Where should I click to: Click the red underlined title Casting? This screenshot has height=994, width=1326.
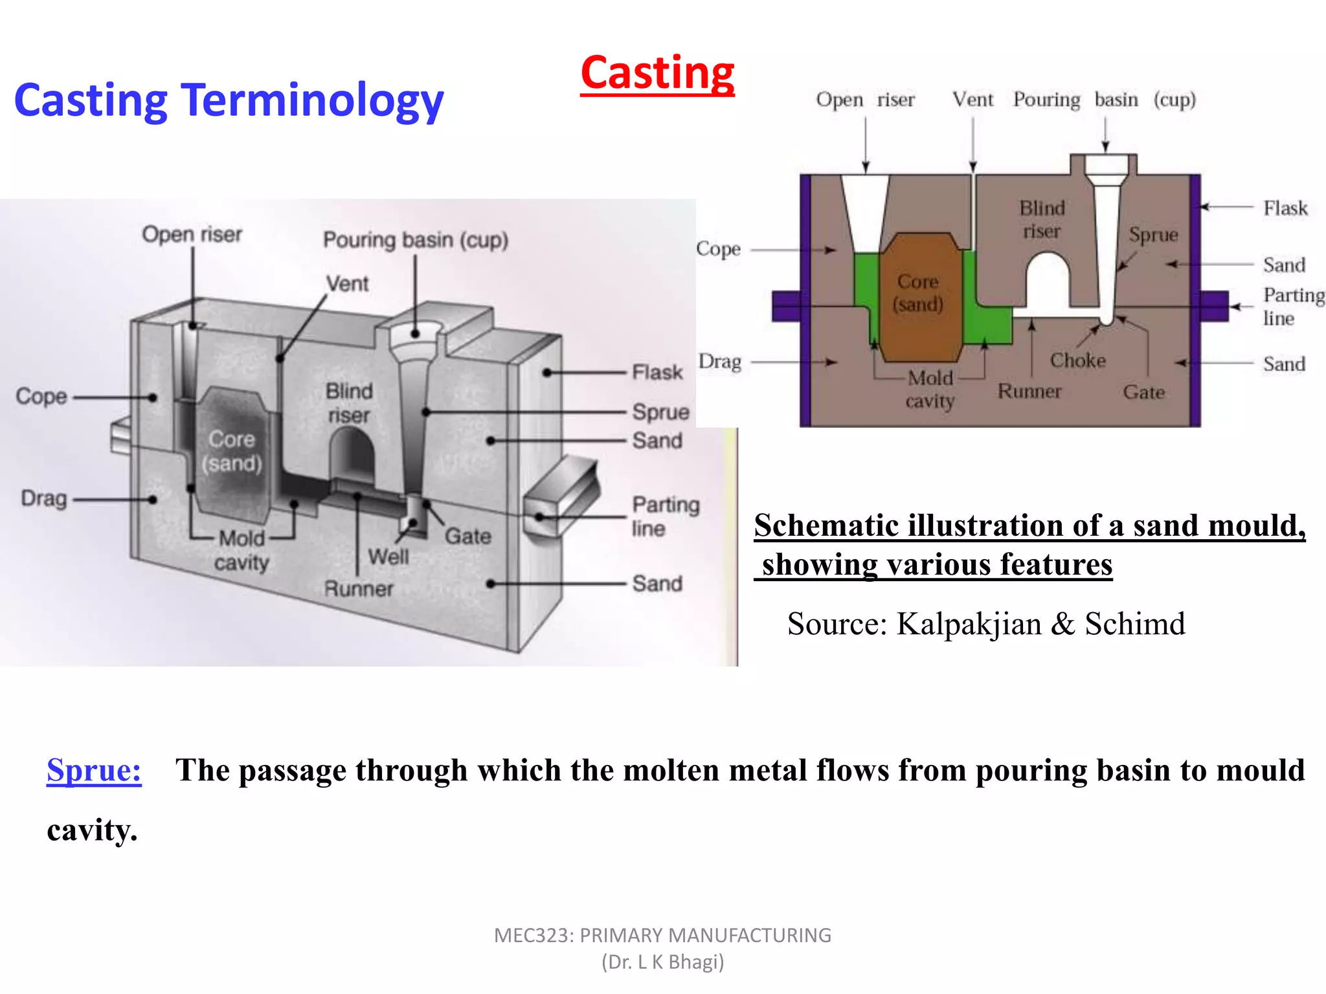coord(657,73)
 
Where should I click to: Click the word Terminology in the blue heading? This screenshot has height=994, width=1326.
coord(313,101)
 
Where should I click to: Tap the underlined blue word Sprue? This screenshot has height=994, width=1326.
coord(94,770)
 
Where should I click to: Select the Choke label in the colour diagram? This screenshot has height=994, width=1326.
coord(1077,360)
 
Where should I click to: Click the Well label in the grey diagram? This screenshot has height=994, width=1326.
coord(388,557)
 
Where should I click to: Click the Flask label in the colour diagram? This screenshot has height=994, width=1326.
coord(1285,208)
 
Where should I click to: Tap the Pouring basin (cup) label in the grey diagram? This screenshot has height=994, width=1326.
coord(416,240)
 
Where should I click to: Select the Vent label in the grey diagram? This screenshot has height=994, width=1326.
coord(347,283)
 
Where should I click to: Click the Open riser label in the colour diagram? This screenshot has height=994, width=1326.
coord(865,100)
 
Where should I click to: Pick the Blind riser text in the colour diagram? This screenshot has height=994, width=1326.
coord(1042,220)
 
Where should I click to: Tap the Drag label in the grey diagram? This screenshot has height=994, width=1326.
coord(44,498)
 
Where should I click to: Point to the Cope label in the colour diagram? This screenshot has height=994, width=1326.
coord(718,249)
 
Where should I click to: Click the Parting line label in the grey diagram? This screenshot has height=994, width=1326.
coord(664,516)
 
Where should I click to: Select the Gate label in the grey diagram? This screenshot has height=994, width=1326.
coord(467,536)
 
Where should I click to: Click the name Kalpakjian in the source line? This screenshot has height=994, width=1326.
coord(968,624)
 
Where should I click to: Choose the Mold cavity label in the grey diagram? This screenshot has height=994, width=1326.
coord(242,550)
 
